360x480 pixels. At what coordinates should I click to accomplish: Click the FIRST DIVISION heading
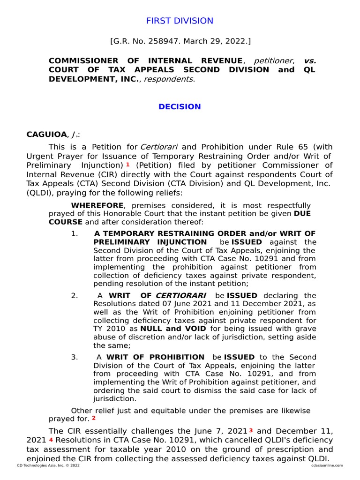[180, 21]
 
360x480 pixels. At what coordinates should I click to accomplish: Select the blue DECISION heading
[180, 106]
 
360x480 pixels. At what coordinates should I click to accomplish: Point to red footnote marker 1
[127, 164]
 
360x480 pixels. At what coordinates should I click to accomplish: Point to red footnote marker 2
[94, 418]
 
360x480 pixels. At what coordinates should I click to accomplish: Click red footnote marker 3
[251, 430]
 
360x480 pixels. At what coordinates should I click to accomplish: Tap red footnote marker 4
[51, 439]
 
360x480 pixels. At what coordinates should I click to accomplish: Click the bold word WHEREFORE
[97, 205]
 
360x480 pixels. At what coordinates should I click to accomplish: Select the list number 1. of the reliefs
[75, 233]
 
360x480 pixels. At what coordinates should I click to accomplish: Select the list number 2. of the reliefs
[75, 295]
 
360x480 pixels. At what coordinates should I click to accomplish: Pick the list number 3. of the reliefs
[75, 357]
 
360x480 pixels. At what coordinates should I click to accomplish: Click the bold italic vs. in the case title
[310, 61]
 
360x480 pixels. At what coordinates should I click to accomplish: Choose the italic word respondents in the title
[169, 79]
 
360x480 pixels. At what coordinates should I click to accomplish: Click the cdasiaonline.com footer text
[326, 465]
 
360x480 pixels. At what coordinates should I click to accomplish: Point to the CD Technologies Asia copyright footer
[48, 465]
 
